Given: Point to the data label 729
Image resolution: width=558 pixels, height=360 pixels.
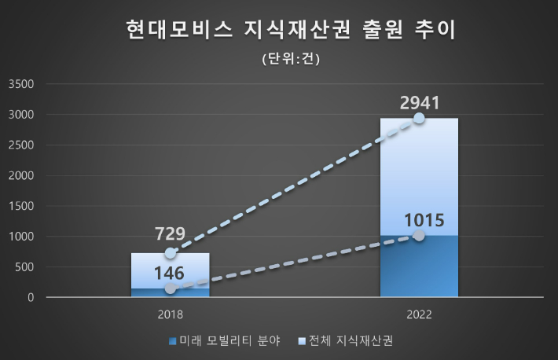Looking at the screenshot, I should tap(170, 234).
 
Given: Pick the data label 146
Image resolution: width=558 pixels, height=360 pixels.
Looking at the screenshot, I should tap(170, 273).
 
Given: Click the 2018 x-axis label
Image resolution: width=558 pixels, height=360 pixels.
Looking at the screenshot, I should tap(170, 314).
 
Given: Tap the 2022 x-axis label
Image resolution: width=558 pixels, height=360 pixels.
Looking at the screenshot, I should tap(419, 314).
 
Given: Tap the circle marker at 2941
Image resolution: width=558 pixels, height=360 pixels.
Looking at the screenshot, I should tap(419, 118).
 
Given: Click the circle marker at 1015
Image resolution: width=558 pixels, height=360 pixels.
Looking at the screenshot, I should tap(419, 235).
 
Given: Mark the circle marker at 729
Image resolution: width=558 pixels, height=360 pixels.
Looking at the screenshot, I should tap(170, 253).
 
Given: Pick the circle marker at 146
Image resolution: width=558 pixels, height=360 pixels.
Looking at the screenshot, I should tap(170, 288).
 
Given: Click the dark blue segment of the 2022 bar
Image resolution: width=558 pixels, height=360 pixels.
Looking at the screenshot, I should tap(419, 267).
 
